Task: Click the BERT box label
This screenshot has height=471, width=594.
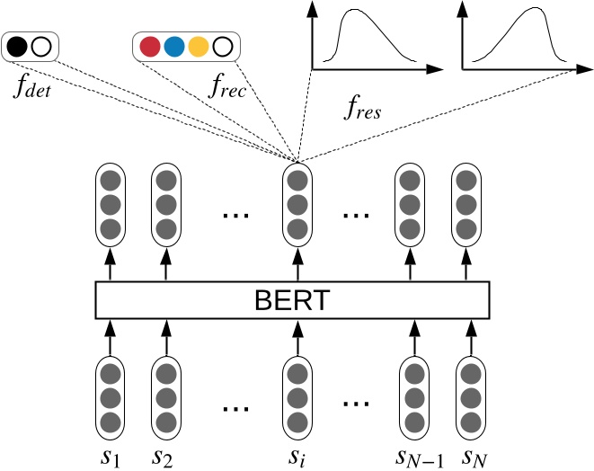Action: tap(292, 300)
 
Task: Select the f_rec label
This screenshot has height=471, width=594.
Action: tap(227, 87)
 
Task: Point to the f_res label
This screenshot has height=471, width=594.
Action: tap(363, 110)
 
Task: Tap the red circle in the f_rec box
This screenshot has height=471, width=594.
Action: tap(151, 47)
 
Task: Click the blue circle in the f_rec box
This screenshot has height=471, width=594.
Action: tap(174, 47)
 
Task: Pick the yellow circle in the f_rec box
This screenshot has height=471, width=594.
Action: tap(199, 47)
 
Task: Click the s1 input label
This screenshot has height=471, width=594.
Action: tap(111, 457)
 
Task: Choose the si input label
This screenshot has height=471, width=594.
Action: tap(297, 457)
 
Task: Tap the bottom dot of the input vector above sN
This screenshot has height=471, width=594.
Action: tap(467, 422)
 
